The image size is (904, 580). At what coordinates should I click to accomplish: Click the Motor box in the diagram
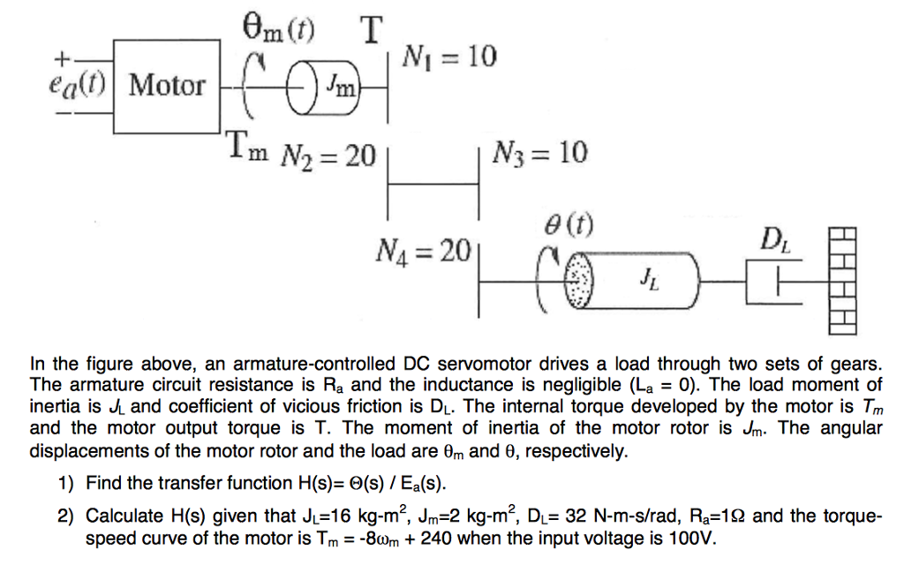[x=167, y=86]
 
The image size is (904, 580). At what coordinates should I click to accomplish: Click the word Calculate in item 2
[x=120, y=516]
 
